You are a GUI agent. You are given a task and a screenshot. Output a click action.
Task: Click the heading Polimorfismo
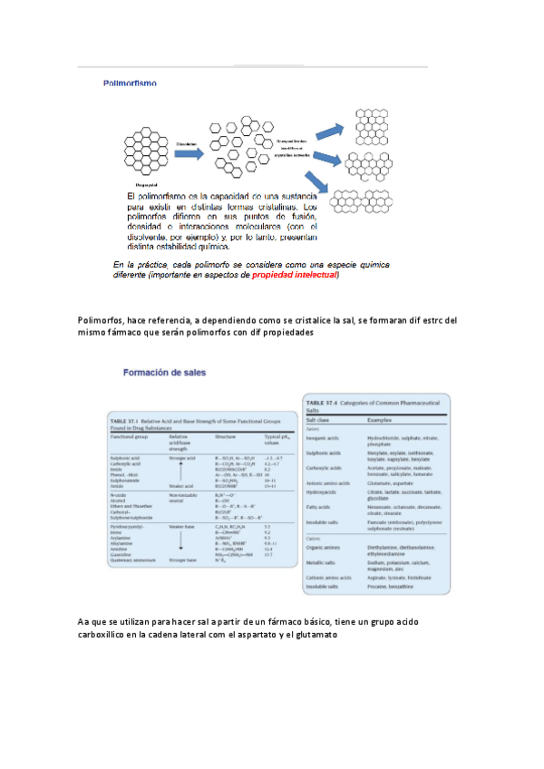pos(128,83)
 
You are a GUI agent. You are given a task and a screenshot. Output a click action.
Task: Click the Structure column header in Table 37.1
pos(228,436)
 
